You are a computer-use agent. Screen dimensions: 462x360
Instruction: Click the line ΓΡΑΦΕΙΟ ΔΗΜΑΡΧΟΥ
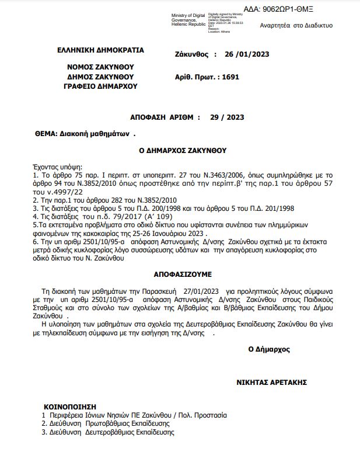100,86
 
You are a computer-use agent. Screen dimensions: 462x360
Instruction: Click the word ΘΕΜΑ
46,134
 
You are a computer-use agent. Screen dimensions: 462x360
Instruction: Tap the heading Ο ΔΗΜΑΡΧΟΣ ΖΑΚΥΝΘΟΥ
182,150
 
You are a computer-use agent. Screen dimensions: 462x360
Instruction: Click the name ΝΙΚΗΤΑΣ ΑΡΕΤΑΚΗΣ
271,383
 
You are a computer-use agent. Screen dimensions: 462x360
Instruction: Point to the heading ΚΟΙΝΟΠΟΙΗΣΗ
69,406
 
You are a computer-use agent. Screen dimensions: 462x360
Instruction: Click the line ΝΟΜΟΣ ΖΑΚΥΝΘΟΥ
100,67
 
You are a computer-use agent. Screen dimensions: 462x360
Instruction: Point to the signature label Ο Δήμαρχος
268,349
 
